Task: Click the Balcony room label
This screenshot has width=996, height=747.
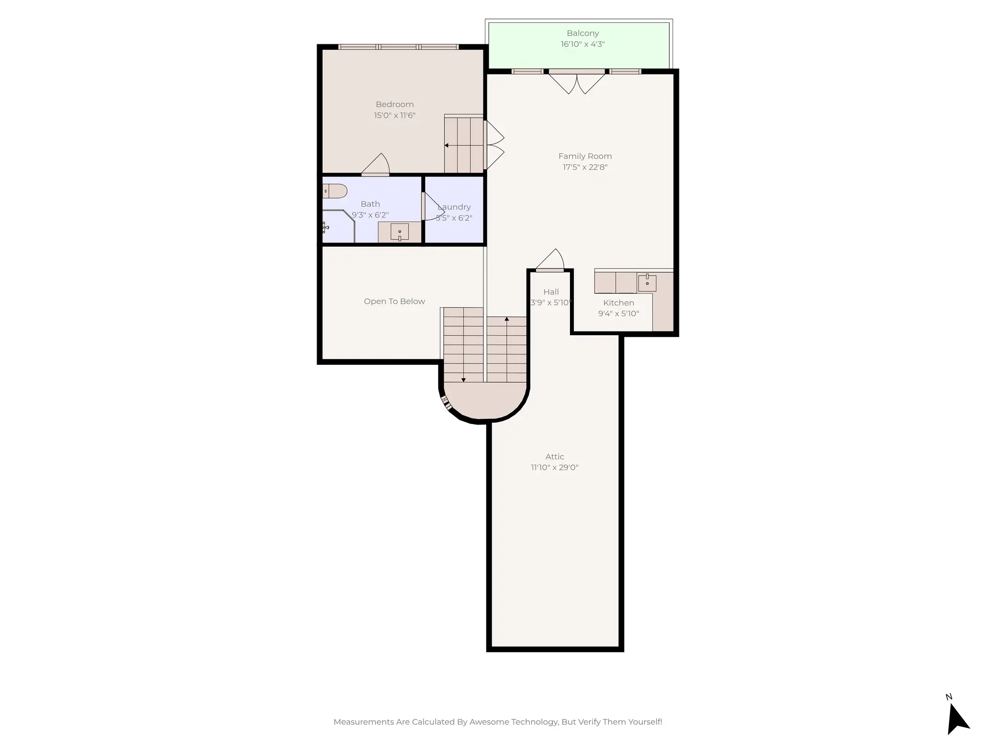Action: (x=583, y=33)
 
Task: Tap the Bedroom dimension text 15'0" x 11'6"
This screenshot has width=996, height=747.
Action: (x=394, y=115)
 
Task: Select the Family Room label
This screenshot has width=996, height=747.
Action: (x=585, y=156)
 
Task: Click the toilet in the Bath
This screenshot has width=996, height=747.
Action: (x=335, y=191)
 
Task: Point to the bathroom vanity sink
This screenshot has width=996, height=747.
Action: (x=399, y=232)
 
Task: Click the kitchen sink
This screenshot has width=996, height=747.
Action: (x=647, y=283)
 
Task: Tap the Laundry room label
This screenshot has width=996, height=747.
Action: (x=454, y=207)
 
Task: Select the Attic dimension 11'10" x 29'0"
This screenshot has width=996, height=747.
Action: (x=554, y=467)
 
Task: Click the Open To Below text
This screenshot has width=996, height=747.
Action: (x=394, y=302)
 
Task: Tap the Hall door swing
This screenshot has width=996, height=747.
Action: (x=551, y=260)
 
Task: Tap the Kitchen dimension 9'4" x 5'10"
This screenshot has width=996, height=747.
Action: (x=619, y=314)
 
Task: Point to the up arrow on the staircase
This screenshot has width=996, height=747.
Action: (x=507, y=320)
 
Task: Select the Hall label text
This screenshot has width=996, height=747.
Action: (x=551, y=292)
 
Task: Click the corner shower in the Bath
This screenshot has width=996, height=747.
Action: (x=338, y=227)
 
